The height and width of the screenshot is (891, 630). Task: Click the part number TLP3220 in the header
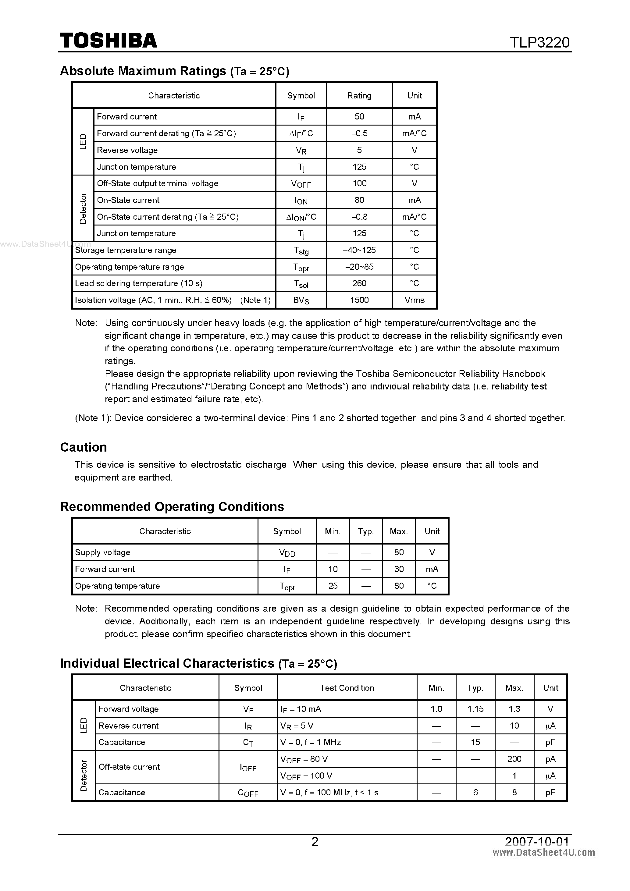pos(539,42)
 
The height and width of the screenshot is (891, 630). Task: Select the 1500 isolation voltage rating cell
pos(359,300)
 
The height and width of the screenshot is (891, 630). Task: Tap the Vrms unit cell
pos(414,300)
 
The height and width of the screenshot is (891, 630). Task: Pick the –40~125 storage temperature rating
pos(359,250)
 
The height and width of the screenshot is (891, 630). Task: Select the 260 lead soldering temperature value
pos(359,283)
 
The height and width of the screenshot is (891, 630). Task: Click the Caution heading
pos(84,447)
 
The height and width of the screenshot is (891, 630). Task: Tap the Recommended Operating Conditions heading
pos(172,506)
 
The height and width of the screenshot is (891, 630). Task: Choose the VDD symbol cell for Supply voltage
pos(287,552)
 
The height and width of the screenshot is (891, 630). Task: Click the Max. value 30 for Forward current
pos(399,569)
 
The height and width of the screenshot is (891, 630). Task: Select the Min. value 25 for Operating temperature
pos(333,586)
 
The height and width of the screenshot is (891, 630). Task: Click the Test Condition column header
pos(347,688)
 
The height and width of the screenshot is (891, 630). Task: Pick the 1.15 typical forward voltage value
pos(475,709)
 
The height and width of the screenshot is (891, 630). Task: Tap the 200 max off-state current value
pos(514,759)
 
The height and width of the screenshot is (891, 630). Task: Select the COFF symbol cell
pos(248,793)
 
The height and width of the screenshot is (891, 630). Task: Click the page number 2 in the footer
pos(315,842)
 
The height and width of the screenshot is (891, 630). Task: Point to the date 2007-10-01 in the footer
pos(537,841)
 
